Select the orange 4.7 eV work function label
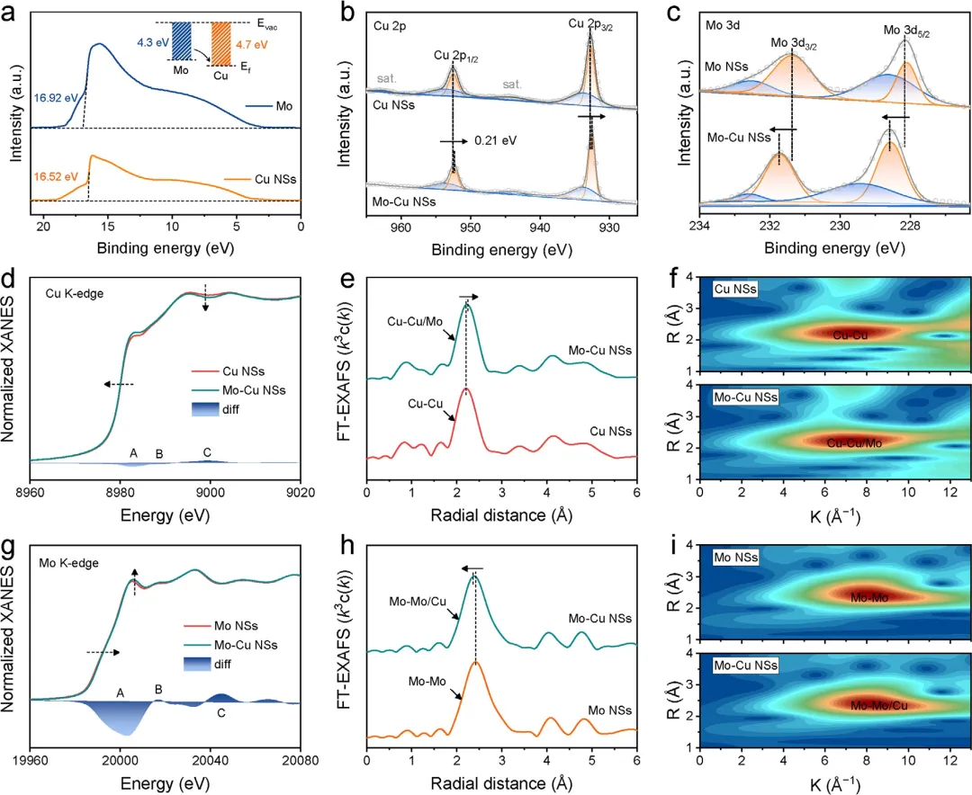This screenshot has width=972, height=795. tap(256, 41)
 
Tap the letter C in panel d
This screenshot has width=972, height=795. tap(207, 452)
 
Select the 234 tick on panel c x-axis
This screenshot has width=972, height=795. tap(700, 222)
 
